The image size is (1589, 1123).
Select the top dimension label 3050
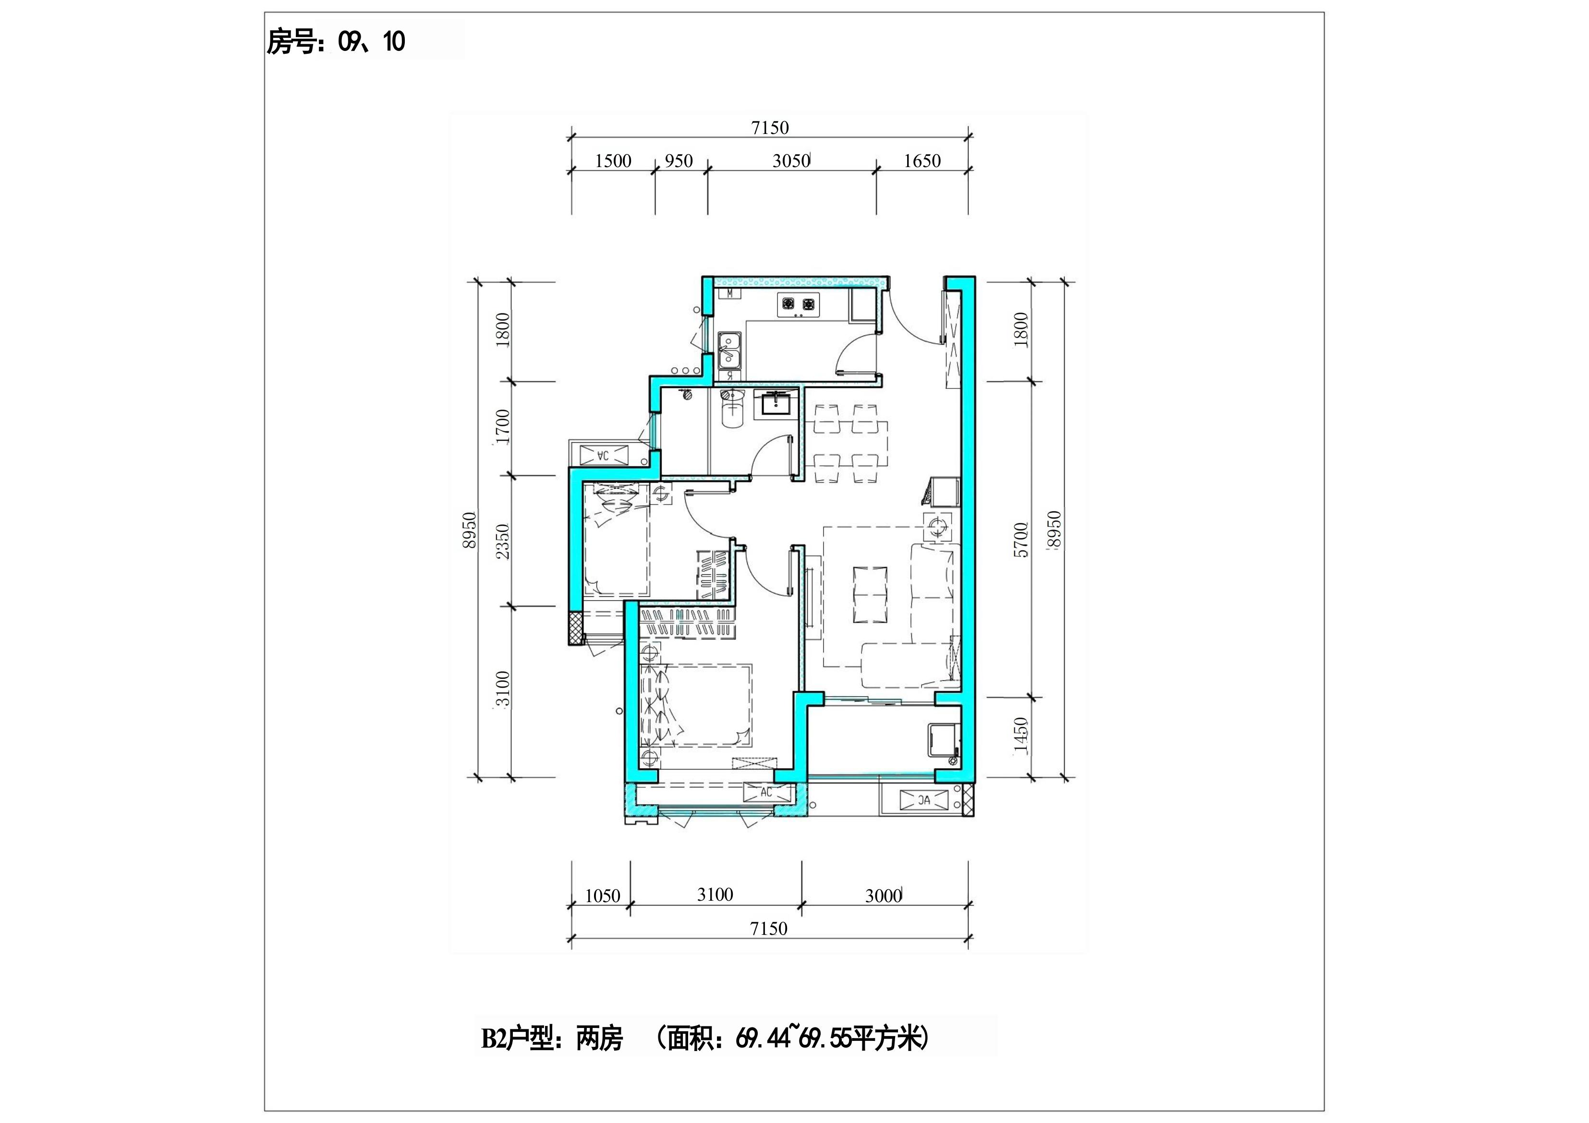[x=791, y=161]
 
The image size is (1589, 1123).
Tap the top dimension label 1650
[x=922, y=161]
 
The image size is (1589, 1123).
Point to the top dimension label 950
[x=679, y=161]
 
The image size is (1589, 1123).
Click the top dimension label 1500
[x=613, y=161]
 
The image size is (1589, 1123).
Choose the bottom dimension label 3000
[x=883, y=896]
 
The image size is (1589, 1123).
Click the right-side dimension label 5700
[x=1021, y=540]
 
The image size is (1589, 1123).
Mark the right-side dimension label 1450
[x=1021, y=736]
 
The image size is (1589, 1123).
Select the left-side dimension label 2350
[x=503, y=542]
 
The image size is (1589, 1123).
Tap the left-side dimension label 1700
[x=503, y=427]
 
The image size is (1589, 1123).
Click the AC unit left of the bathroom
[x=603, y=455]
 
